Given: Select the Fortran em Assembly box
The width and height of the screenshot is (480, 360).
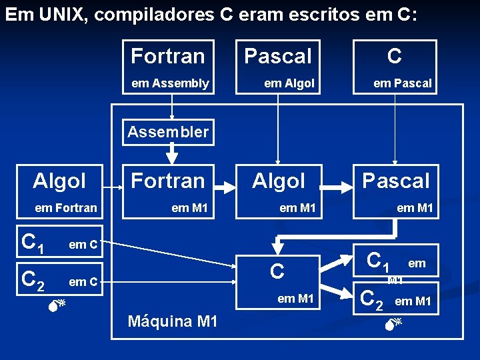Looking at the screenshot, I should coord(169,67).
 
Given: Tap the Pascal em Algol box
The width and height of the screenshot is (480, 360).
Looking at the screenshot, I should coord(278,67).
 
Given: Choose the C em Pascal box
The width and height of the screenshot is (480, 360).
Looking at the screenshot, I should coord(395,67).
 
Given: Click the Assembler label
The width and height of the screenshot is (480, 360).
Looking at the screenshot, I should coord(168,132).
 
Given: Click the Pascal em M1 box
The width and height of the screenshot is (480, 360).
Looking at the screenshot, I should coord(396,192).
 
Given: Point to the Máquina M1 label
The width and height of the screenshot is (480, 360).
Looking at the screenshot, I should coord(172,321).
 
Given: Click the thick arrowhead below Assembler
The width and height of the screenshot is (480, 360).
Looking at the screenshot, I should coord(172,158).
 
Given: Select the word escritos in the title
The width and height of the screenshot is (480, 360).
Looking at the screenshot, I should coord(317,15).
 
